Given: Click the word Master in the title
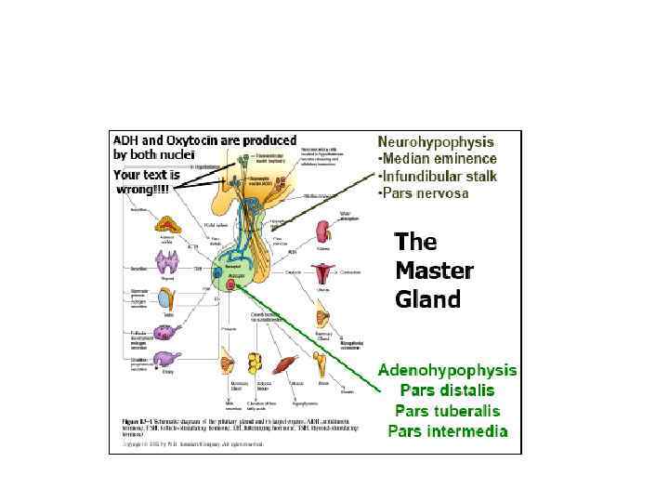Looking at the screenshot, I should [x=434, y=271].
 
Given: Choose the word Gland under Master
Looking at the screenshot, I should [x=427, y=299].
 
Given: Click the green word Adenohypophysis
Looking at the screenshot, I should [x=448, y=370].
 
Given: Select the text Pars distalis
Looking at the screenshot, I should [x=447, y=390].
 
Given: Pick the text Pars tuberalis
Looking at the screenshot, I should [x=447, y=410].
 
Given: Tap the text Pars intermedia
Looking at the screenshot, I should [x=448, y=430].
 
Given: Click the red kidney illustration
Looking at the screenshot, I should [x=322, y=231].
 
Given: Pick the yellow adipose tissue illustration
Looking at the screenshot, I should [x=255, y=361].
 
